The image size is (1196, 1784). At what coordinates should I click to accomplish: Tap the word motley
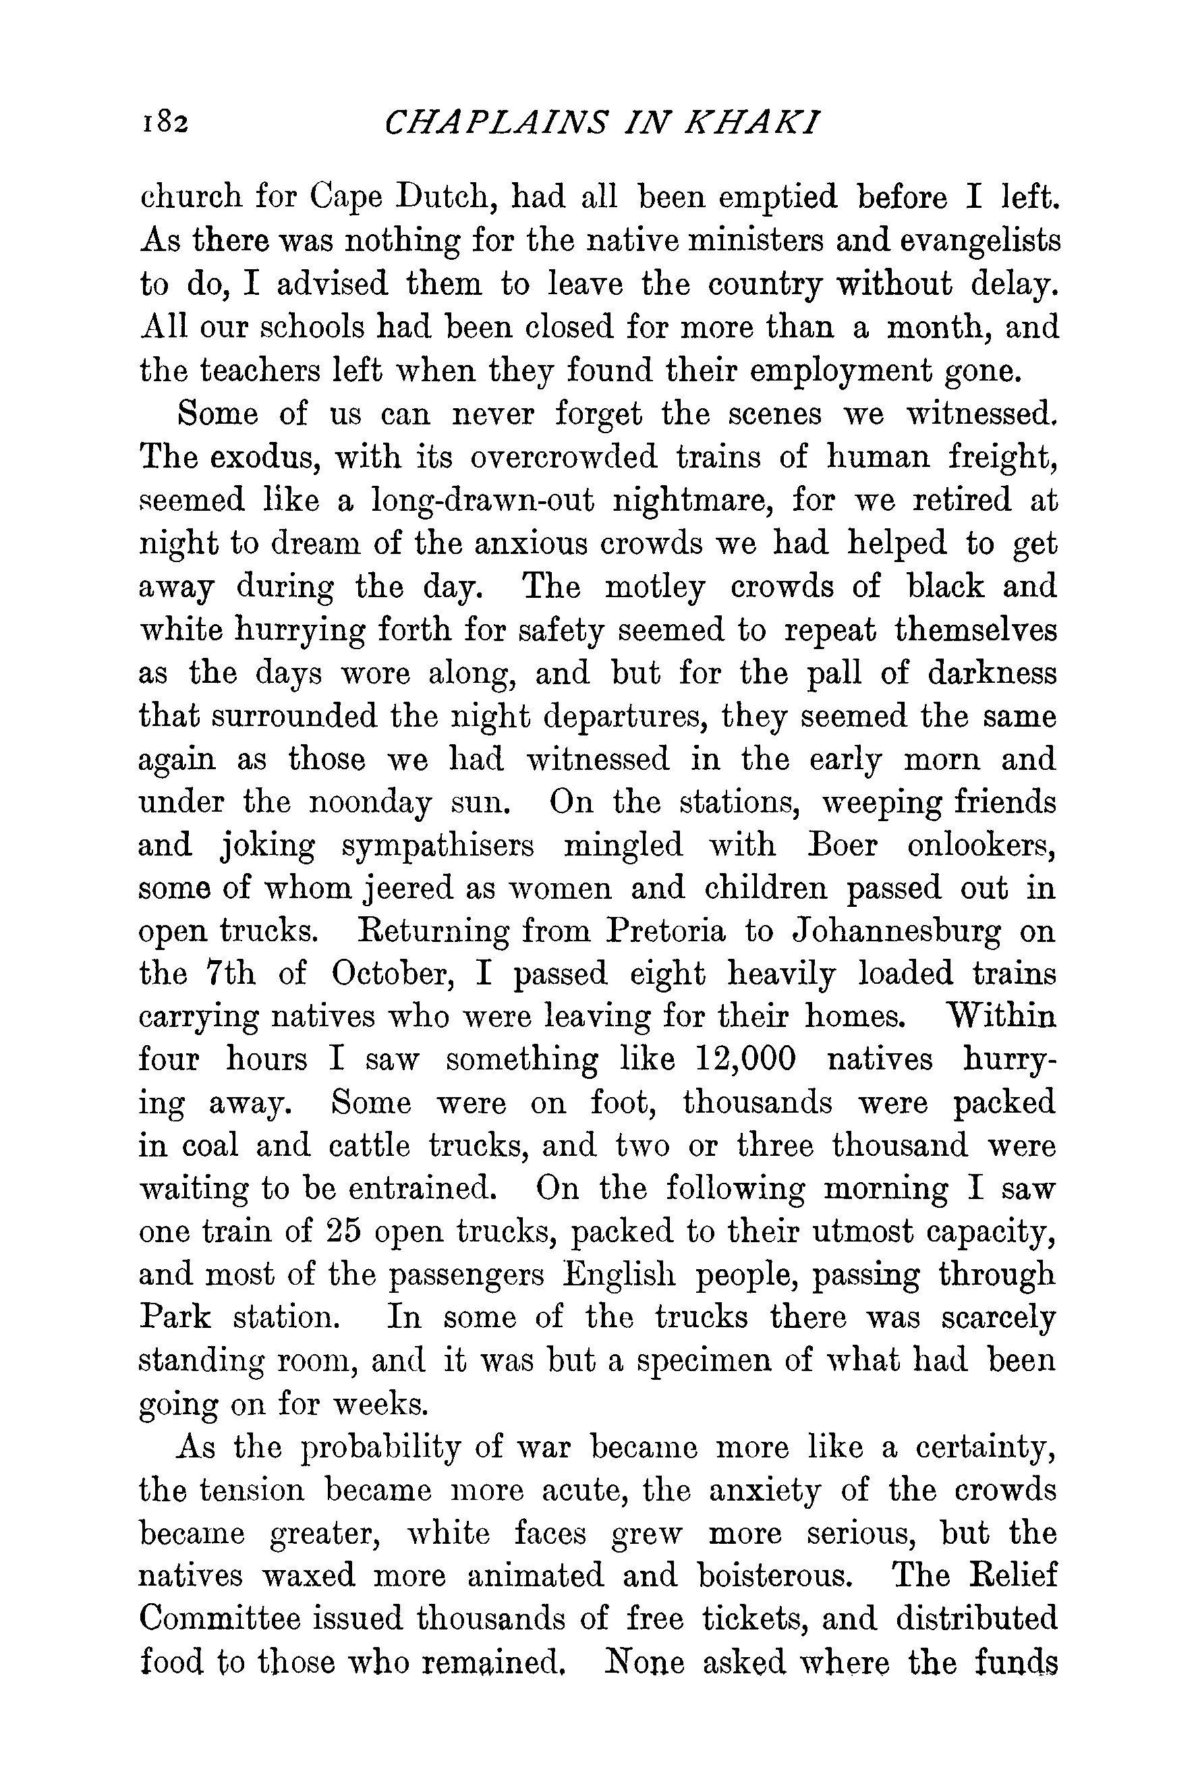pos(654,587)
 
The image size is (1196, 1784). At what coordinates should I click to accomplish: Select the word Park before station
pos(175,1318)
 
